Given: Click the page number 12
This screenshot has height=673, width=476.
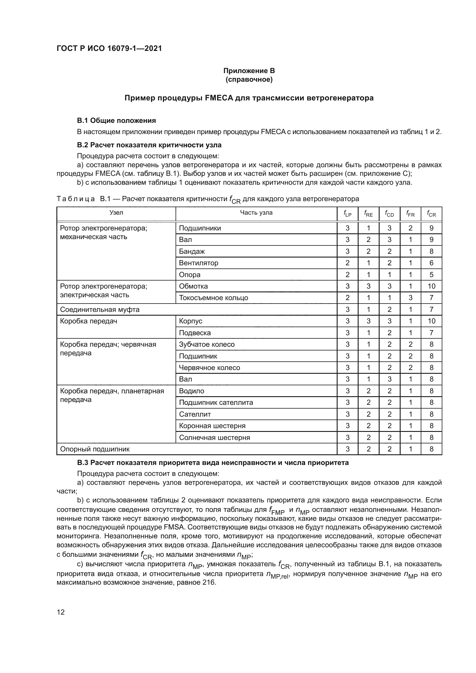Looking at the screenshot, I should click(61, 612).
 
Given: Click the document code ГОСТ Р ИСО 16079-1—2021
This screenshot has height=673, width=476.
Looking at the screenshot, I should click(109, 48).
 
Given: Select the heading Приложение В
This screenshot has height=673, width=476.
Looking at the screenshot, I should click(249, 71).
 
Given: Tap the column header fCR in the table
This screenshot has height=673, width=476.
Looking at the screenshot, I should click(431, 214).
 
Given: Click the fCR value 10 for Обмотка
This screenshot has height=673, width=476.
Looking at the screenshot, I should click(431, 286).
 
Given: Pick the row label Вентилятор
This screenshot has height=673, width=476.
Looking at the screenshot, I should click(199, 263).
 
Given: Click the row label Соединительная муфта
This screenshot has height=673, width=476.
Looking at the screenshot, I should click(100, 310).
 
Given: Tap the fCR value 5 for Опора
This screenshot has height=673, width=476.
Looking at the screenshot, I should click(431, 275).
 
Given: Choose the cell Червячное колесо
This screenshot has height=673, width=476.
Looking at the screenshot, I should click(209, 367).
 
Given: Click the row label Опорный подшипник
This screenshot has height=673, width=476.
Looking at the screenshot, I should click(95, 449).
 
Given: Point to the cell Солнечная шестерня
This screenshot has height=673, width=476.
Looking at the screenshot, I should click(214, 438).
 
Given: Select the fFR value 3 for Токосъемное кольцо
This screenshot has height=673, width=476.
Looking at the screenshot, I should click(410, 298).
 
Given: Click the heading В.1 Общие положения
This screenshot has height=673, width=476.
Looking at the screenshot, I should click(116, 121).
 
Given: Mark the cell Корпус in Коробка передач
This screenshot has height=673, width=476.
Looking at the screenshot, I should click(191, 321).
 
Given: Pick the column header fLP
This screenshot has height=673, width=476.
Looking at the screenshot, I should click(347, 214).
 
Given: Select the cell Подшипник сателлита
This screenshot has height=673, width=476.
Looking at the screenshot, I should click(216, 403).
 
